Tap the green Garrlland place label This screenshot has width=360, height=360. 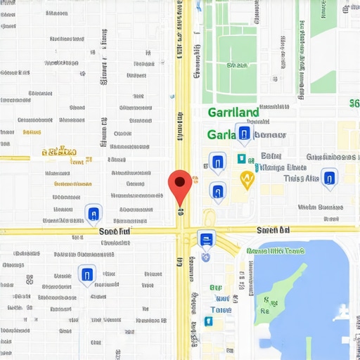click(233, 112)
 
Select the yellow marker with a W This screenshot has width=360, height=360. click(247, 179)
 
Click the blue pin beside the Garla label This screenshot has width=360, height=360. click(243, 133)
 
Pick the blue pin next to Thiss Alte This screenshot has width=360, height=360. click(328, 177)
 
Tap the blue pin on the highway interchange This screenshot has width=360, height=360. click(207, 240)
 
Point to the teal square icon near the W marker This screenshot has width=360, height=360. click(241, 159)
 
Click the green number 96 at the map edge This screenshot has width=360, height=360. click(354, 104)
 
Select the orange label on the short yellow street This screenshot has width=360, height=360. click(59, 151)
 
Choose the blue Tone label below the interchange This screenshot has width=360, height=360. click(221, 309)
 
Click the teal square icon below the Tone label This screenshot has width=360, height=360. click(208, 321)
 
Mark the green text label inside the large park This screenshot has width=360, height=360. click(231, 65)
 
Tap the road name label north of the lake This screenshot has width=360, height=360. click(274, 229)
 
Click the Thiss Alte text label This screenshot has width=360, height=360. click(301, 179)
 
